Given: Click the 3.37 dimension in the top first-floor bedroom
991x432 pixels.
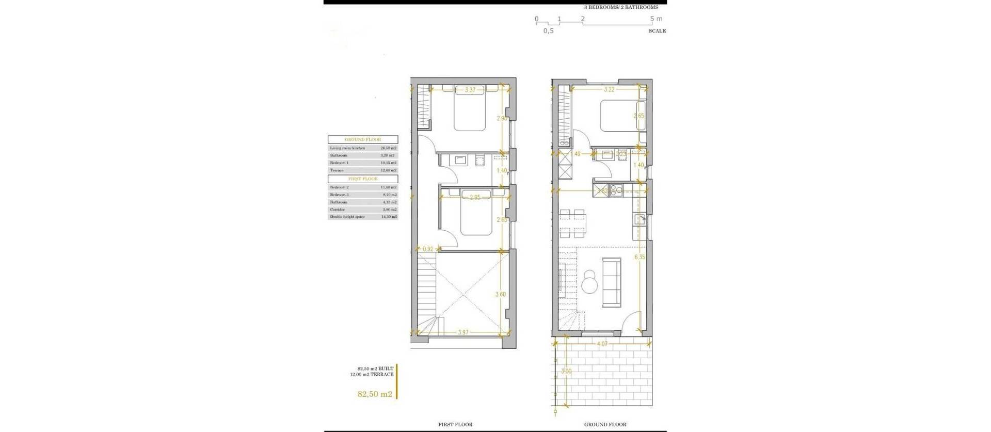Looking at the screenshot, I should (470, 90).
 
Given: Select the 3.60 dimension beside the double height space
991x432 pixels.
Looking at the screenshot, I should (501, 295).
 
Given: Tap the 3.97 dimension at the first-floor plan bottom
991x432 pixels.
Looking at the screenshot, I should (463, 332).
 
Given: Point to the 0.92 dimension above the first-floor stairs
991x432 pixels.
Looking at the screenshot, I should (428, 249).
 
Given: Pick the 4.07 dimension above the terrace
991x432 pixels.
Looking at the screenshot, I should (602, 343).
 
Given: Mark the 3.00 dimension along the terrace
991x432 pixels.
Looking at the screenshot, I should (567, 371).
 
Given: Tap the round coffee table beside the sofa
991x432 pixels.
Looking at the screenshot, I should (589, 282).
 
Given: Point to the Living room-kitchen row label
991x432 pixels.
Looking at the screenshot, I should (347, 148).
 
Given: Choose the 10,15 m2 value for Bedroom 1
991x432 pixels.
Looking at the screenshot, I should (388, 163).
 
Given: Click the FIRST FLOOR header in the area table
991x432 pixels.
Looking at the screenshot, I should (363, 179).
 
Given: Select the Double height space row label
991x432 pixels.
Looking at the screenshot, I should (347, 217).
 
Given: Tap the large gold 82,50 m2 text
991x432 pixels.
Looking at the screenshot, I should (375, 394).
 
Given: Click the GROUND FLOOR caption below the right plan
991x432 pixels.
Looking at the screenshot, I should (605, 424).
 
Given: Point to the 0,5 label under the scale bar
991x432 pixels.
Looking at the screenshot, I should (548, 31).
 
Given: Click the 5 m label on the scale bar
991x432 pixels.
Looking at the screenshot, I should (656, 19).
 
